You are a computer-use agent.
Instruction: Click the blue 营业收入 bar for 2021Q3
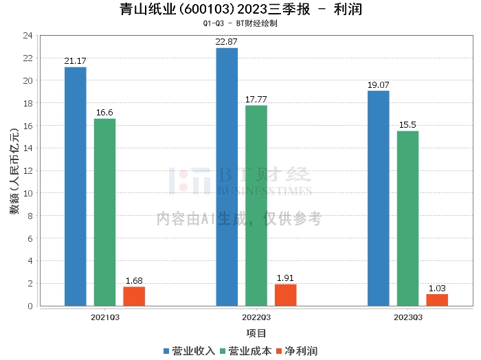pos(76,186)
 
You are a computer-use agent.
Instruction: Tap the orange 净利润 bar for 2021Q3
pos(134,296)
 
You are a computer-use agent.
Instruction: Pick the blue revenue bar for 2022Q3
pos(227,177)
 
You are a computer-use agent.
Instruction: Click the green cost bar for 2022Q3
pos(256,205)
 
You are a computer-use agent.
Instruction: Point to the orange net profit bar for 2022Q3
pos(286,295)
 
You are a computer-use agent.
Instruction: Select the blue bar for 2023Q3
pos(379,198)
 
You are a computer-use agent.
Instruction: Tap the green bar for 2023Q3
pos(407,218)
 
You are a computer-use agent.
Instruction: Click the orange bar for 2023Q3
pos(437,300)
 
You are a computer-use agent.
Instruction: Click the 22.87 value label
pos(227,42)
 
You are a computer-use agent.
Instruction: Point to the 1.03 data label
pos(437,289)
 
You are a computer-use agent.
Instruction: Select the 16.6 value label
pos(105,113)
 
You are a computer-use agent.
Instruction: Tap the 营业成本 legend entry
pos(245,350)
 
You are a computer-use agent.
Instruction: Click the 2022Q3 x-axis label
pos(256,317)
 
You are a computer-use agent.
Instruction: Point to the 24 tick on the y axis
pos(28,35)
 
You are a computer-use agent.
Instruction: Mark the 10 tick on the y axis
pos(28,193)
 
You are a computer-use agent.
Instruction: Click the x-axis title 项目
pos(256,333)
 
